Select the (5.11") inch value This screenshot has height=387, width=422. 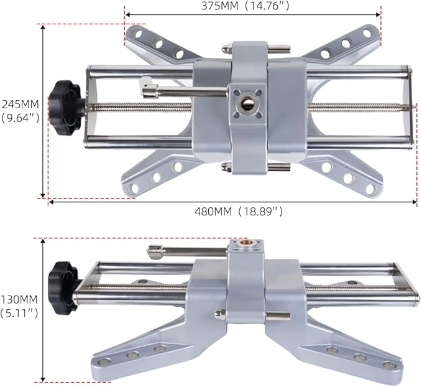[x=19, y=312]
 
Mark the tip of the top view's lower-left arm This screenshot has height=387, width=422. [x=131, y=189]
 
